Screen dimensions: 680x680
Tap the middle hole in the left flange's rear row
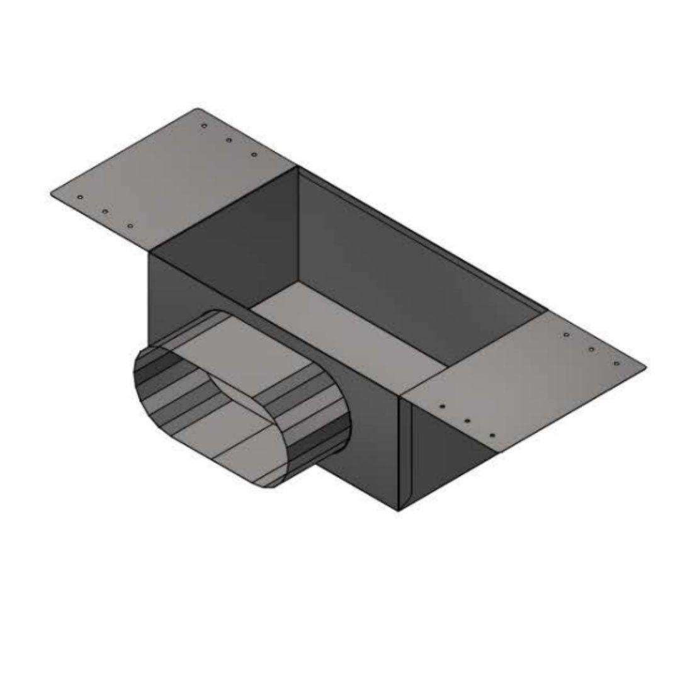click(x=229, y=140)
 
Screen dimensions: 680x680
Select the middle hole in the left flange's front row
click(x=105, y=211)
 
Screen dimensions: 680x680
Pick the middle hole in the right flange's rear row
click(x=591, y=349)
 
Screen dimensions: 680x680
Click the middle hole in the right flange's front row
click(x=467, y=421)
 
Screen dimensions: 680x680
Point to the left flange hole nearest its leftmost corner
click(x=80, y=197)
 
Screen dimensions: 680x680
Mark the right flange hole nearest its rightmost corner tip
click(x=616, y=363)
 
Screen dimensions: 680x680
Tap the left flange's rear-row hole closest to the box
click(x=254, y=154)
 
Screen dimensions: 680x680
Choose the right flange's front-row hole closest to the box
click(x=442, y=407)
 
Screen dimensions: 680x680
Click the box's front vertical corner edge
click(x=399, y=453)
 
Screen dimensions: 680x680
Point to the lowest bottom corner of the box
click(x=399, y=511)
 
